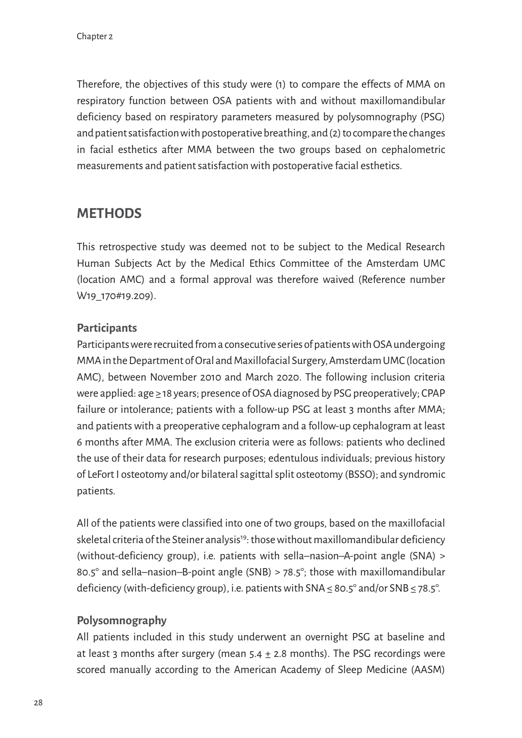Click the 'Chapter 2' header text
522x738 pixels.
pos(95,37)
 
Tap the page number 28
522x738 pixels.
pos(38,703)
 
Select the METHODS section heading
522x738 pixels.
pos(109,213)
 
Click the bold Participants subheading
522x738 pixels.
pos(107,328)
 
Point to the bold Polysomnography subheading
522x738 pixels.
pos(122,620)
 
